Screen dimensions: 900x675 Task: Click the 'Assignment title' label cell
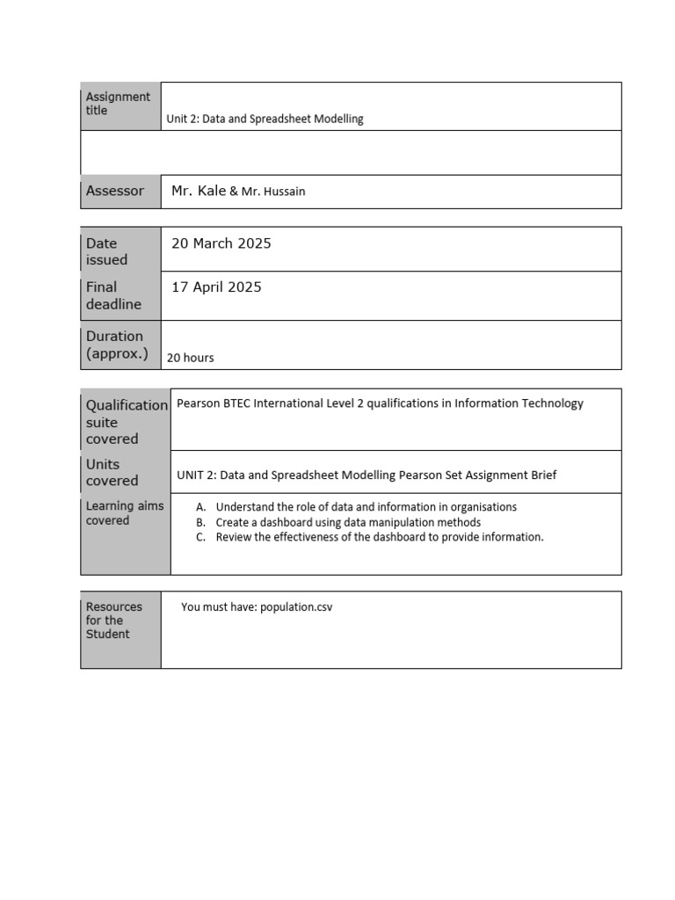[118, 104]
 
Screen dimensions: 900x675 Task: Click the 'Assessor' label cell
[115, 191]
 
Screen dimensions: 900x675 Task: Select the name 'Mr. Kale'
[199, 191]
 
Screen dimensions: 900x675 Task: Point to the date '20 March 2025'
[221, 243]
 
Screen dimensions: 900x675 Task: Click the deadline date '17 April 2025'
[216, 287]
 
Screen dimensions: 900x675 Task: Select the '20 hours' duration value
[191, 358]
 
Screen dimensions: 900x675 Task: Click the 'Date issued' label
[106, 251]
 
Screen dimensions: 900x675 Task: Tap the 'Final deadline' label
[113, 295]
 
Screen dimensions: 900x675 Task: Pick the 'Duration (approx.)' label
[117, 345]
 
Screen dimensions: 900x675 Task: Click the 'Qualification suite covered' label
[126, 421]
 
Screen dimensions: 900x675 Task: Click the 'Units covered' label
[112, 472]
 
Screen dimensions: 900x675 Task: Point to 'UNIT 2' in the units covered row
[194, 475]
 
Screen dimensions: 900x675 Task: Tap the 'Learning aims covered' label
[123, 513]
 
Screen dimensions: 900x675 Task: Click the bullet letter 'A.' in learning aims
[201, 507]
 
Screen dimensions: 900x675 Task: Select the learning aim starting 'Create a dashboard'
[348, 522]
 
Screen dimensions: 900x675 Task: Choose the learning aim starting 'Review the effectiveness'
[380, 537]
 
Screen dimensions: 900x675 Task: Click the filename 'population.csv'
[296, 606]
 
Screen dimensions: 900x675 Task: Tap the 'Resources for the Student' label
[114, 621]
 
